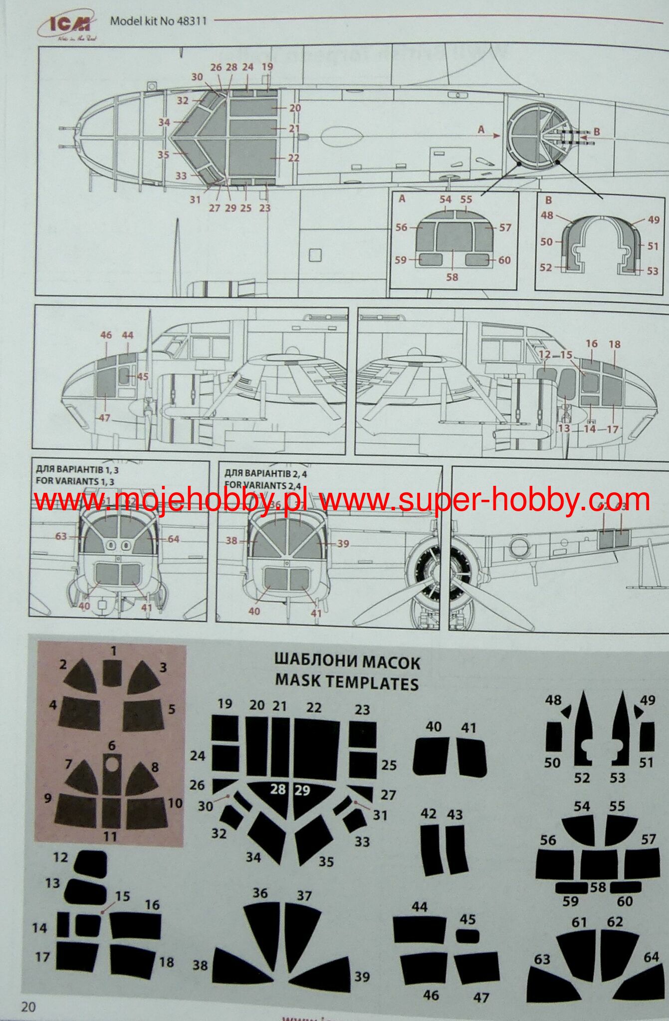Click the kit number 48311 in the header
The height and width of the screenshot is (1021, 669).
(192, 21)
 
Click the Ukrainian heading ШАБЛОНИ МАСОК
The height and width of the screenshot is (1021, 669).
(347, 662)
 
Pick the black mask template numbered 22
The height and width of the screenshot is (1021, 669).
(316, 748)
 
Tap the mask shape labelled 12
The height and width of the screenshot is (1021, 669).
(91, 864)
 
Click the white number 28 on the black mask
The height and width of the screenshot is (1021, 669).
(278, 790)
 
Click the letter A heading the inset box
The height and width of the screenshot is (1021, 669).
(402, 198)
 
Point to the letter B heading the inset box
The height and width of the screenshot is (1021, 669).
(548, 200)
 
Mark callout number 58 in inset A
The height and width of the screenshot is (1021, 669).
(452, 276)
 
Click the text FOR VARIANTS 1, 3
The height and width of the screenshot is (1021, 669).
(75, 481)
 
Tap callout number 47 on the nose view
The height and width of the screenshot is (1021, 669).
(104, 418)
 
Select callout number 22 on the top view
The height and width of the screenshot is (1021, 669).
(293, 158)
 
